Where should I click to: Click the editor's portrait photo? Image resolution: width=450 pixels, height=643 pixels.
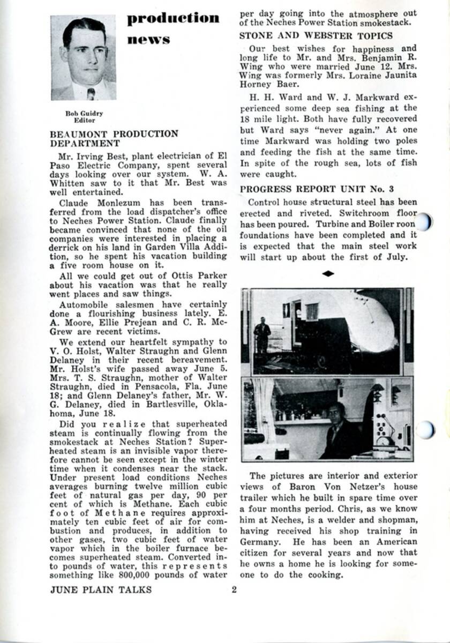coord(83,57)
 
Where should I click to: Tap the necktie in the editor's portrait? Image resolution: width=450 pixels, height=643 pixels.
coord(91,94)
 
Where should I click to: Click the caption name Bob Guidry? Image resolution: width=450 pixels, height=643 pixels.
coord(84,114)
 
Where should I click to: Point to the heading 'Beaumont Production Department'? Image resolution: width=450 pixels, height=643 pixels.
coord(114,138)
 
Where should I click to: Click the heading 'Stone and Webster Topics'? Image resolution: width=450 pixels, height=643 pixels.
coord(316,35)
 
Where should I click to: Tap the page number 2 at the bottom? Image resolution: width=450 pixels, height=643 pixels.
coord(234,590)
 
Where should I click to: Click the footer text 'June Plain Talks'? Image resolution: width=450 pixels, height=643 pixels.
coord(101,590)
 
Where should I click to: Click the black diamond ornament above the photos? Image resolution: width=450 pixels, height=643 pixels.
coord(328,274)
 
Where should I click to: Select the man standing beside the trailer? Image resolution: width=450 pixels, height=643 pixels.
coord(262,335)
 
